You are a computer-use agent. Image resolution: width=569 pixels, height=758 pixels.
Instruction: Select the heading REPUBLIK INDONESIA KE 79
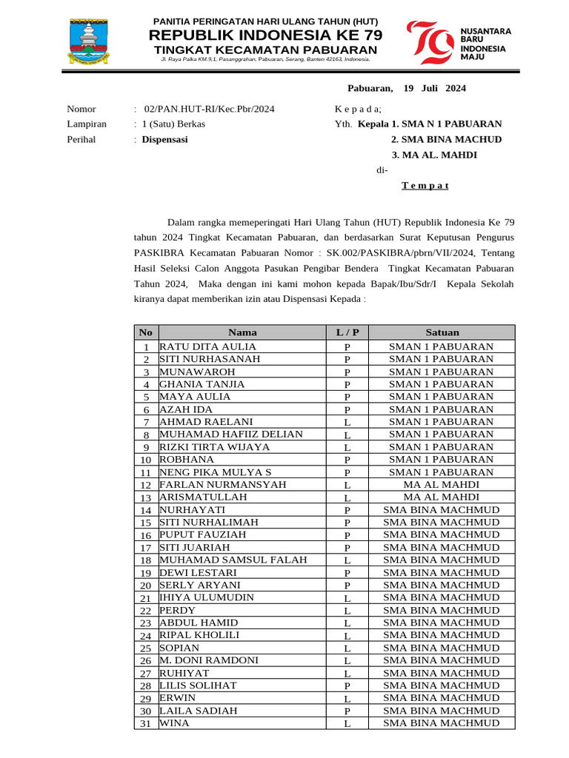[x=265, y=36]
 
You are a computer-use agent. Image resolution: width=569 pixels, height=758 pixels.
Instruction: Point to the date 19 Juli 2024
[x=434, y=89]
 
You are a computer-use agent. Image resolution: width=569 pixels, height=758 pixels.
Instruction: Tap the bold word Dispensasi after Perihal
[x=164, y=139]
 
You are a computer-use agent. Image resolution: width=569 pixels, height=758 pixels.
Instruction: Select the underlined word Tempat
[x=425, y=186]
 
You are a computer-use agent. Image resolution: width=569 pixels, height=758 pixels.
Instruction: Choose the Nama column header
[x=242, y=332]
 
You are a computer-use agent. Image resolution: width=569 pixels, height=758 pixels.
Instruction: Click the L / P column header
[x=347, y=332]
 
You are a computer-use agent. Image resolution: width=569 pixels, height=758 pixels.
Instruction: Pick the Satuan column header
[x=442, y=332]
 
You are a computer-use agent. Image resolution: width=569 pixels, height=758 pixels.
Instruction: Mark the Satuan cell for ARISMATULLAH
[x=442, y=497]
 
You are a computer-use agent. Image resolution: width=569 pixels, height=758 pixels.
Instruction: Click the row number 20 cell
[x=146, y=586]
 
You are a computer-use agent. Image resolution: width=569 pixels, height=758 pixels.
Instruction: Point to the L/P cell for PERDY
[x=347, y=611]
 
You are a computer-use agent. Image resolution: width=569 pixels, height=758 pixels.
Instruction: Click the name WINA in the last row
[x=174, y=723]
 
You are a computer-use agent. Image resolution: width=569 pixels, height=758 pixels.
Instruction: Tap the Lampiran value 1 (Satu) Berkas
[x=173, y=124]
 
